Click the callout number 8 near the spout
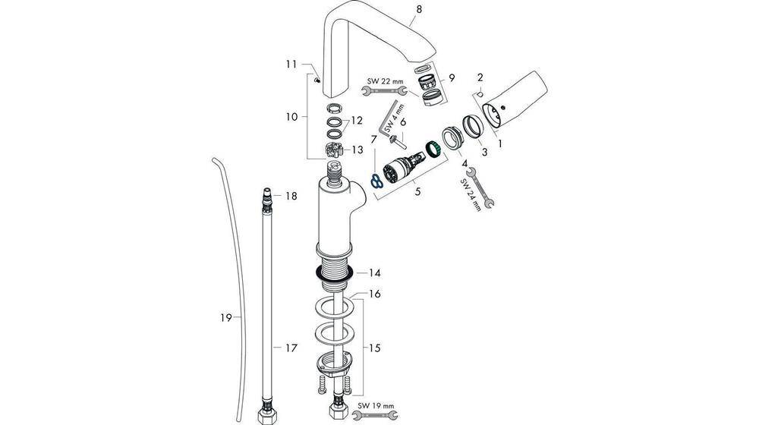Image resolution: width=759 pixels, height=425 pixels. tap(418, 10)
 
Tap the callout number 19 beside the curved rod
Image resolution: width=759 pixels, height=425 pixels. tap(225, 318)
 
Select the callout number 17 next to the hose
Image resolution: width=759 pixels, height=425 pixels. tap(290, 348)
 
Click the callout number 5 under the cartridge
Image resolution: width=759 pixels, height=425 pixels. tap(417, 192)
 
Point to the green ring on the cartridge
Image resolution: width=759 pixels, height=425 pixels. tap(434, 147)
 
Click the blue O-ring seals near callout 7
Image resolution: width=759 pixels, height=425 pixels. tap(376, 181)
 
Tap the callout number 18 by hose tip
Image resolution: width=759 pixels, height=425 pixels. tap(291, 196)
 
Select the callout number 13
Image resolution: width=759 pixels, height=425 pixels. tap(357, 150)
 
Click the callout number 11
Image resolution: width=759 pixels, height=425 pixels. tap(291, 65)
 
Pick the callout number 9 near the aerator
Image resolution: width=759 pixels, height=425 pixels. tap(452, 77)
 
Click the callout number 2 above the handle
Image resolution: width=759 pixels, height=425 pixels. tap(480, 77)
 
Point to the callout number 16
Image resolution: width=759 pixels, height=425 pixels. tap(374, 294)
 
